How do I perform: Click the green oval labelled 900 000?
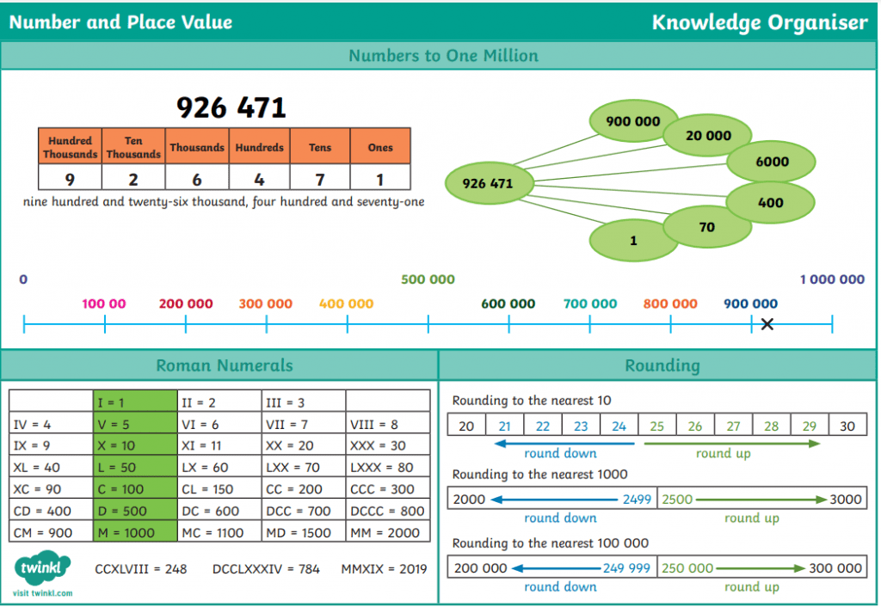[x=632, y=122]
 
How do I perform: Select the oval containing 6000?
[x=772, y=162]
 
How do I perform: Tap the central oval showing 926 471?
[x=488, y=183]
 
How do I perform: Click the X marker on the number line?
[x=767, y=324]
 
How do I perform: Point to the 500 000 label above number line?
[x=428, y=279]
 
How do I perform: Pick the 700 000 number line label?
[x=590, y=303]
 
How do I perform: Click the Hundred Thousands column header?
[x=70, y=147]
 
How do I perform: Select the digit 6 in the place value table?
[x=197, y=179]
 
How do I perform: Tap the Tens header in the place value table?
[x=320, y=147]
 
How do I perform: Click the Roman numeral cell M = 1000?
[x=134, y=533]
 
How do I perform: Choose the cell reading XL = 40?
[x=50, y=468]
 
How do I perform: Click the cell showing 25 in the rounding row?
[x=657, y=426]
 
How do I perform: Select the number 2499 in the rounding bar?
[x=636, y=499]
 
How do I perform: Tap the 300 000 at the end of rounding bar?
[x=835, y=567]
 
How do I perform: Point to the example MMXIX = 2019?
[x=384, y=569]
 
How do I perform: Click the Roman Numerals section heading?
[x=225, y=365]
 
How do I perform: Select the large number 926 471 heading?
[x=231, y=107]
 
